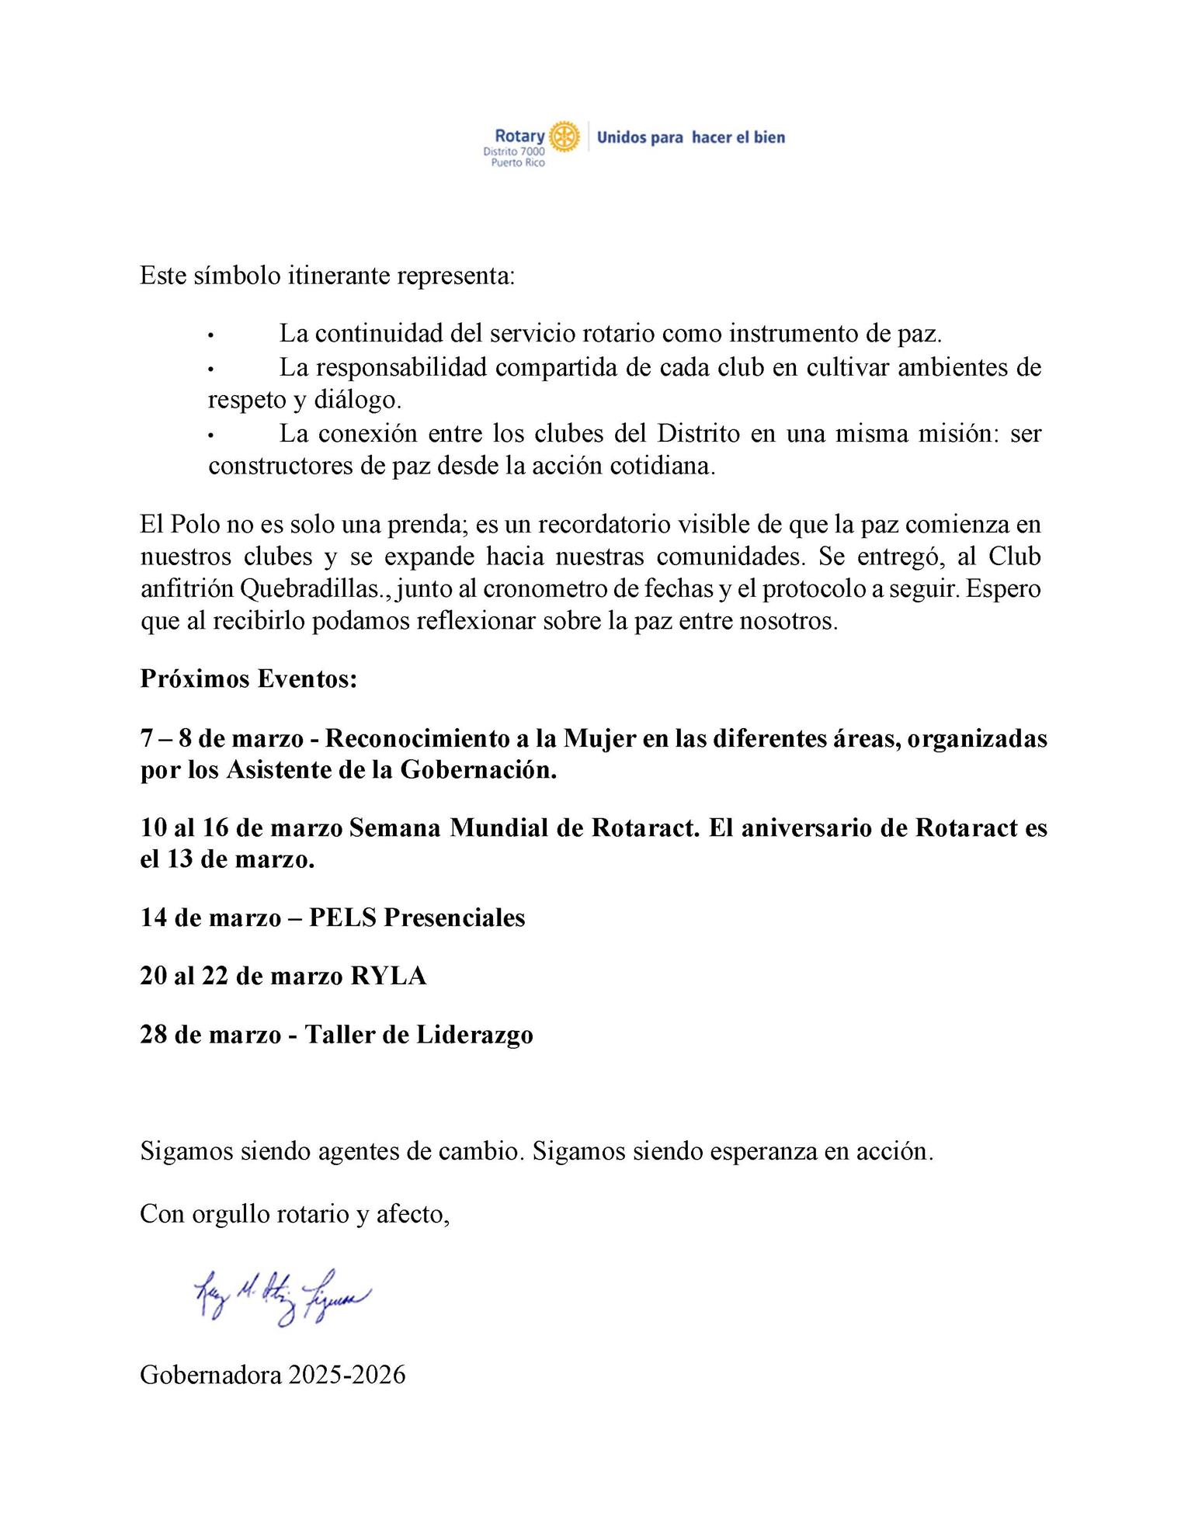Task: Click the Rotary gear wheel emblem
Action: tap(564, 136)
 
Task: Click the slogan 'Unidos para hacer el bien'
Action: tap(690, 137)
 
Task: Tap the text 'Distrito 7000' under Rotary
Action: tap(514, 152)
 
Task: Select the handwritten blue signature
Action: tap(283, 1297)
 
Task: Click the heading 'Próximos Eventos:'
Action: tap(248, 679)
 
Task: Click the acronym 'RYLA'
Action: tap(388, 976)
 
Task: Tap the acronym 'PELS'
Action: tap(342, 918)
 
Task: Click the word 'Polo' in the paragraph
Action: tap(191, 524)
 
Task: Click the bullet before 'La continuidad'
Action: tap(210, 335)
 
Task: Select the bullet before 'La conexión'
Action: tap(210, 435)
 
